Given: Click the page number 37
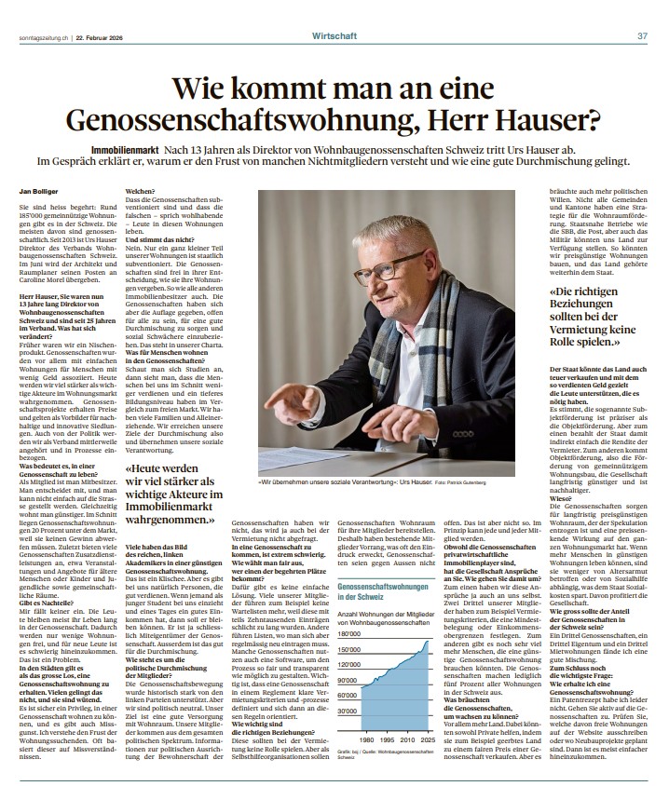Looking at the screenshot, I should [x=642, y=10].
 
